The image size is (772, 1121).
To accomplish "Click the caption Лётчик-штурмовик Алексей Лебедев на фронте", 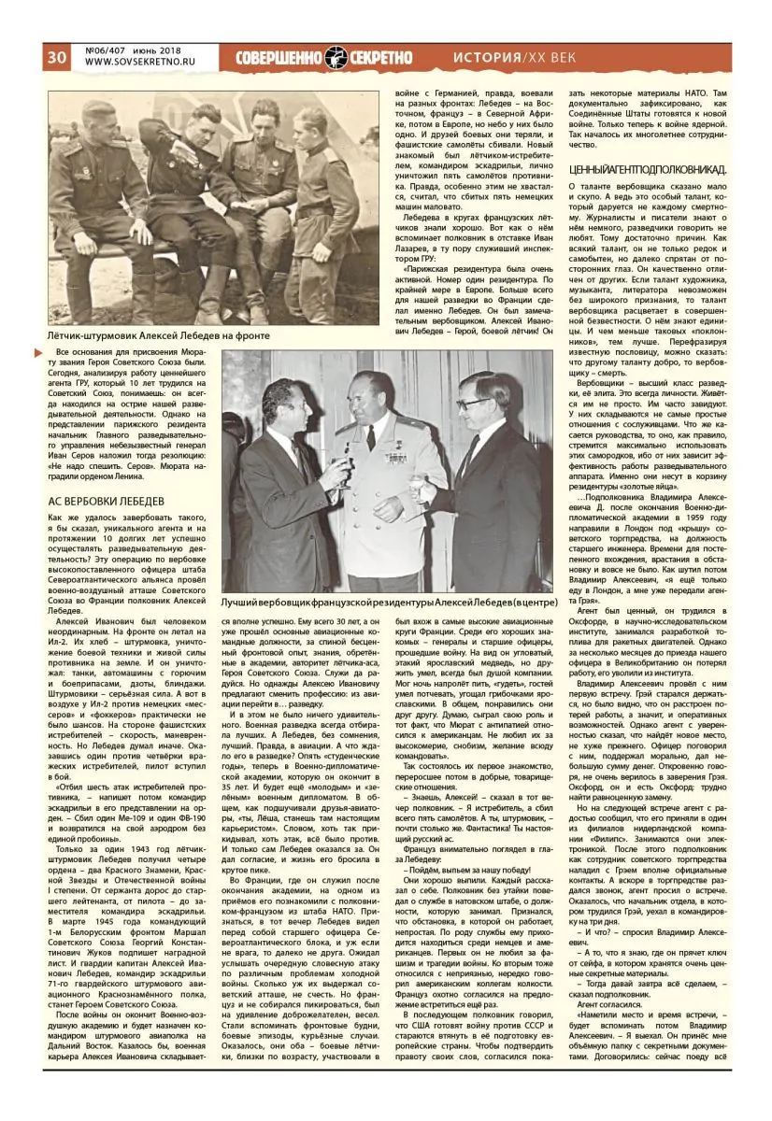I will tap(159, 335).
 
